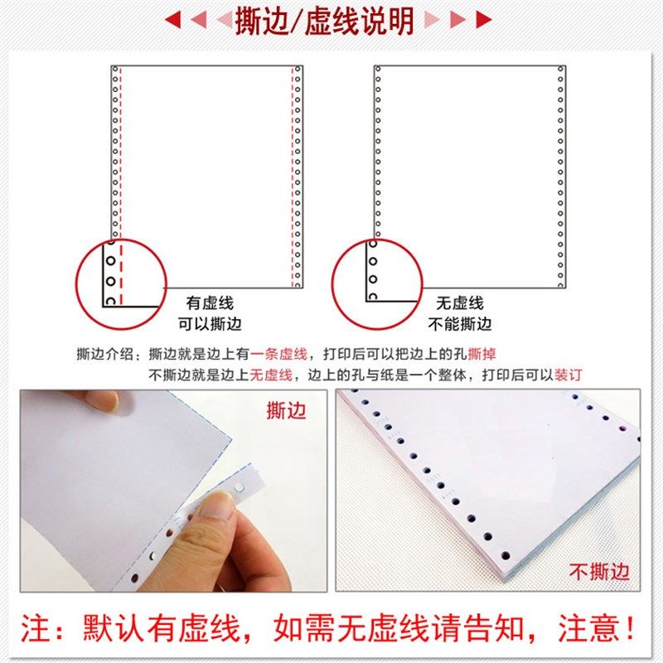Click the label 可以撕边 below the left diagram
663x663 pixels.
[210, 324]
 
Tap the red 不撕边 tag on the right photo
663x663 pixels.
[599, 571]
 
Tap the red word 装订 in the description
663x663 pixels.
[569, 374]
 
